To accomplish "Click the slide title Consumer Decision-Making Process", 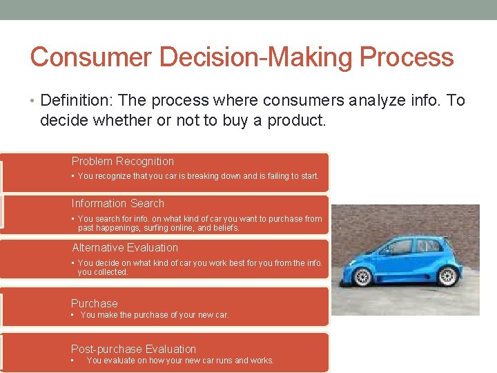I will [x=242, y=57].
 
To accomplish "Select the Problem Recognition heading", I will [x=123, y=162].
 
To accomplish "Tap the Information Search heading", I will [x=118, y=204].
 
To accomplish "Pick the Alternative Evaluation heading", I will [x=125, y=248].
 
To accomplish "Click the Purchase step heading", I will [x=95, y=303].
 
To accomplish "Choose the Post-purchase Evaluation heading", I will [x=133, y=350].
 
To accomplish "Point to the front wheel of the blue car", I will [x=362, y=276].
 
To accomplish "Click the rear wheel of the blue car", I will [x=447, y=276].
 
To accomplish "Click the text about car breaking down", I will [x=198, y=176].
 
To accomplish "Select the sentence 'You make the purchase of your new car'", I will [x=155, y=315].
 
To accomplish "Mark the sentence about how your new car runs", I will [x=180, y=361].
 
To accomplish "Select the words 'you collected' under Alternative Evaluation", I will [x=103, y=272].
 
